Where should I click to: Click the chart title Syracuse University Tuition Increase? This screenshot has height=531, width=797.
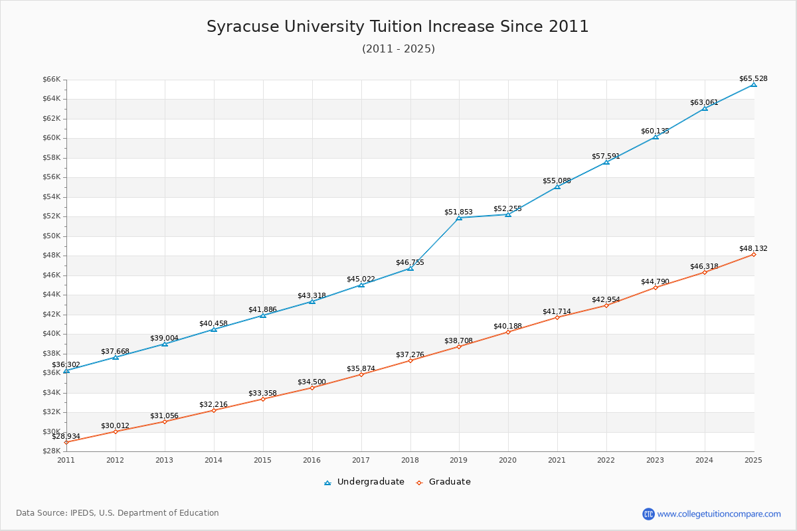[397, 27]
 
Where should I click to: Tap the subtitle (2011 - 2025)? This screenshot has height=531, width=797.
[398, 49]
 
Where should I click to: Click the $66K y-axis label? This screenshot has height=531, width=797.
[52, 79]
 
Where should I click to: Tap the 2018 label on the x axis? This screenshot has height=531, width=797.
[410, 459]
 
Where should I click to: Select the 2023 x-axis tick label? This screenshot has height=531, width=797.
[656, 459]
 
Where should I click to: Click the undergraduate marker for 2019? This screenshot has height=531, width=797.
[459, 218]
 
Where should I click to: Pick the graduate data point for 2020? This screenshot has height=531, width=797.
[508, 332]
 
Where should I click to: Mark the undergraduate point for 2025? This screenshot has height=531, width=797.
[754, 84]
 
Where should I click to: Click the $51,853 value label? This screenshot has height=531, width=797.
[458, 212]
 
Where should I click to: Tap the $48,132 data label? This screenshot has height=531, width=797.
[753, 248]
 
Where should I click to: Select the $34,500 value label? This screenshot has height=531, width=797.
[311, 382]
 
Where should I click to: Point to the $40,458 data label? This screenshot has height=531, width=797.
[213, 323]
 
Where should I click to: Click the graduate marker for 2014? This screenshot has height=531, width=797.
[213, 410]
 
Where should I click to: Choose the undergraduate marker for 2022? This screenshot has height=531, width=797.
[606, 162]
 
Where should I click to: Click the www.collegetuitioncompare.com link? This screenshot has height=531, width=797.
[719, 514]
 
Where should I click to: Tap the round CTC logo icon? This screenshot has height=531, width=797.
[648, 514]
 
